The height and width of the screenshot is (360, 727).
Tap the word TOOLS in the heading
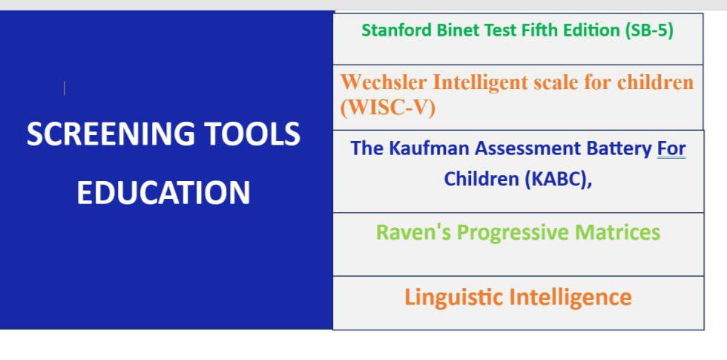click(253, 134)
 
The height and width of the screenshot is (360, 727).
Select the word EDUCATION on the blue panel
click(163, 192)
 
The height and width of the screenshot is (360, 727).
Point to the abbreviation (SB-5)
click(648, 30)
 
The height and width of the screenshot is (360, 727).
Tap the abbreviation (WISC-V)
click(387, 108)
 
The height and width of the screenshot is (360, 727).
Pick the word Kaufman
click(427, 148)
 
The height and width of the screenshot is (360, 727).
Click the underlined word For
click(671, 149)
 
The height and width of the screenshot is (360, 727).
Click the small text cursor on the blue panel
click(64, 88)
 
